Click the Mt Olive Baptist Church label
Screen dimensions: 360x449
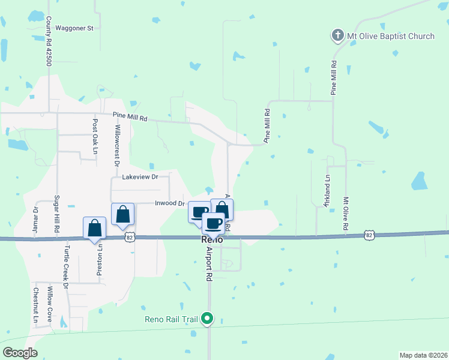click(391, 37)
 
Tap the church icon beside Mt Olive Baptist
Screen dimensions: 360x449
click(337, 37)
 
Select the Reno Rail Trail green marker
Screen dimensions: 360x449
click(207, 318)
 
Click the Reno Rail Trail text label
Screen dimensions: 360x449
click(171, 319)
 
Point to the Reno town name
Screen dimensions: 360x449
click(212, 239)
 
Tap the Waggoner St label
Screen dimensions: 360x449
click(74, 28)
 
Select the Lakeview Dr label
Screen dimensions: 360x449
click(139, 177)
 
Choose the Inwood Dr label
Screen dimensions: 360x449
click(170, 203)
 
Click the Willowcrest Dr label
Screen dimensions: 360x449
click(116, 142)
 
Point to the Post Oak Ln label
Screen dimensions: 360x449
click(95, 137)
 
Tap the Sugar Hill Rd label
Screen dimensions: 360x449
click(57, 214)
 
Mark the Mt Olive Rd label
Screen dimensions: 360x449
click(346, 214)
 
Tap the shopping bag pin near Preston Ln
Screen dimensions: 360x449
click(94, 229)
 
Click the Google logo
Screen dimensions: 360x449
click(20, 353)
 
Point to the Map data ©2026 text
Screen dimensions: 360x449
click(423, 355)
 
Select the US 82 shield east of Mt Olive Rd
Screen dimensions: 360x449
click(370, 235)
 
